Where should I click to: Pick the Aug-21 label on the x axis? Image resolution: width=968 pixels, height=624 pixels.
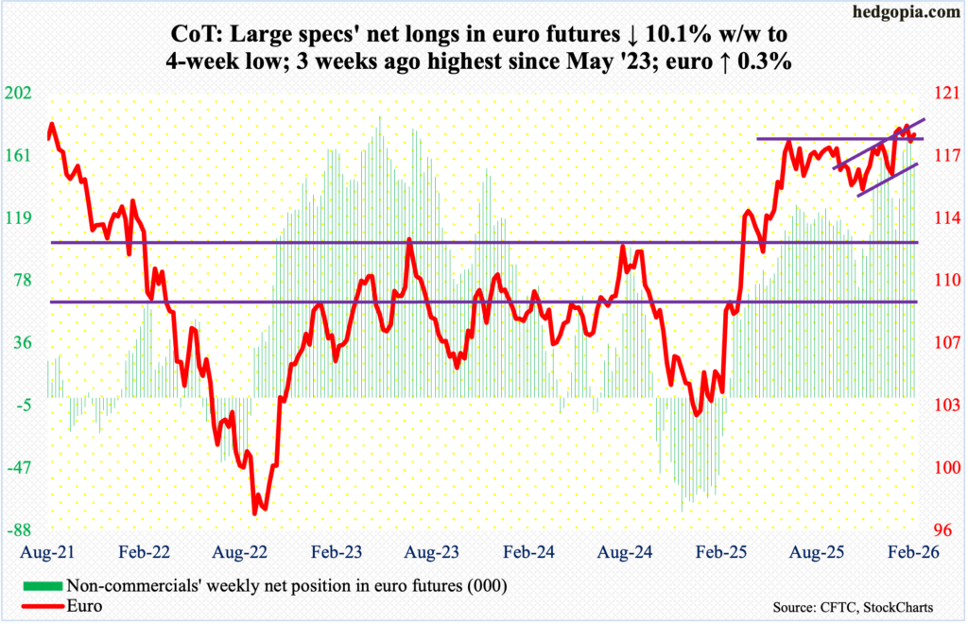tap(38, 548)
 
